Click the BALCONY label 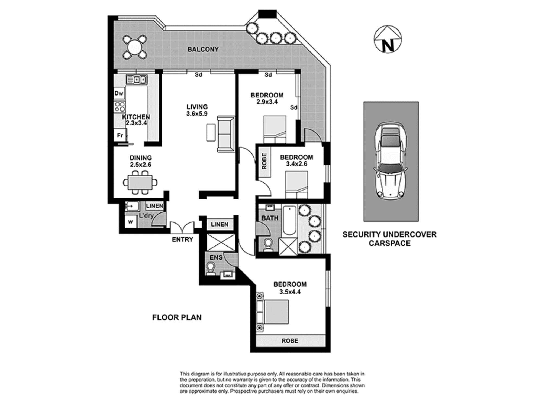pyautogui.click(x=203, y=49)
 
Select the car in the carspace pyautogui.click(x=391, y=162)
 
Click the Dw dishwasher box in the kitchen pyautogui.click(x=119, y=93)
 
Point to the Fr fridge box pyautogui.click(x=120, y=135)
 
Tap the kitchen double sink pyautogui.click(x=137, y=80)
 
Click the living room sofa pyautogui.click(x=226, y=134)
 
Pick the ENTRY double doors pyautogui.click(x=182, y=228)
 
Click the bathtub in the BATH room pyautogui.click(x=289, y=220)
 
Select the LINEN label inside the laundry pyautogui.click(x=154, y=206)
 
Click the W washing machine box pyautogui.click(x=131, y=222)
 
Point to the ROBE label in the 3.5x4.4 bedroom pyautogui.click(x=290, y=341)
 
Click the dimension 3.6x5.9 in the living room pyautogui.click(x=197, y=114)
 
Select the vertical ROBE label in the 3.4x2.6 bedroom pyautogui.click(x=264, y=162)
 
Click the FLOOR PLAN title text pyautogui.click(x=177, y=317)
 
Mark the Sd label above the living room pyautogui.click(x=199, y=75)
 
